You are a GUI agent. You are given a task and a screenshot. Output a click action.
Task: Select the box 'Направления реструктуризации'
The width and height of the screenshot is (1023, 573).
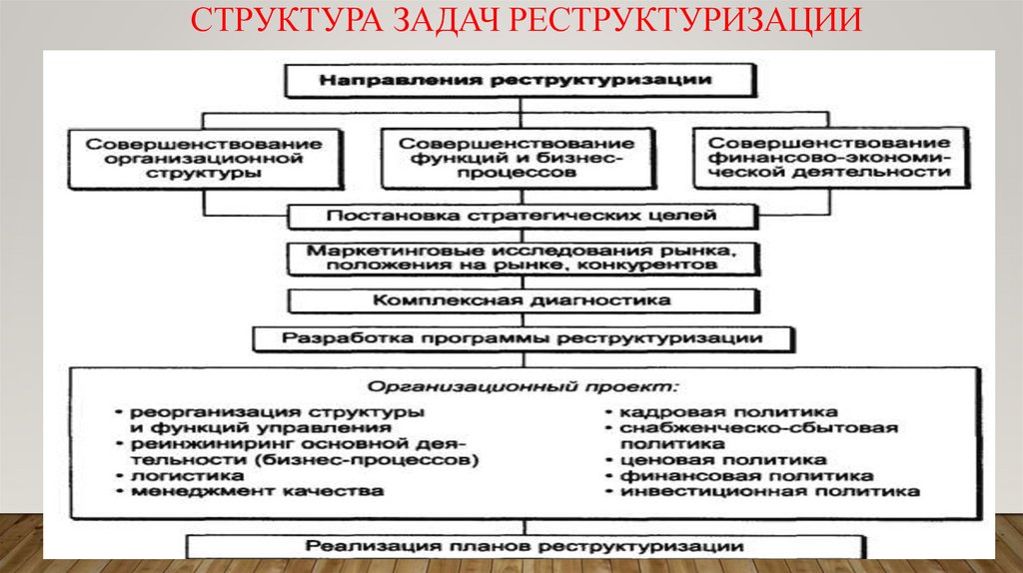pos(515,80)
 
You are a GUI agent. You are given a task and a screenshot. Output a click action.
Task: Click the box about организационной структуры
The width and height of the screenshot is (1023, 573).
pos(204,158)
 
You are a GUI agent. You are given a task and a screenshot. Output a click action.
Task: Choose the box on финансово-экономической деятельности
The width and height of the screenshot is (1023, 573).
pos(829,158)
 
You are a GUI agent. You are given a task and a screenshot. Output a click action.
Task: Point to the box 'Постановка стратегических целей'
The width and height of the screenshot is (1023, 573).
pos(516,215)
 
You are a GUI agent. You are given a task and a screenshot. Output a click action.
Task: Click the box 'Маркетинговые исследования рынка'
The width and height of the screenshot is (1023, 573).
pos(516,258)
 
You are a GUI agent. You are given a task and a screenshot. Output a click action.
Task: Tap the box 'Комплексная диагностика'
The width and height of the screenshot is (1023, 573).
pos(516,299)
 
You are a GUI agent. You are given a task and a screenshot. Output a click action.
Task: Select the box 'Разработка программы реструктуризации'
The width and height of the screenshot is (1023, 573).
pos(522,337)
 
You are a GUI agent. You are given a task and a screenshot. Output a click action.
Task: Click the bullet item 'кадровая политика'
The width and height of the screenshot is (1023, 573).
pos(728,411)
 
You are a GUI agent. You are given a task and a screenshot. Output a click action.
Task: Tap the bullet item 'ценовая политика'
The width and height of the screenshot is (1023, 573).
pos(723,460)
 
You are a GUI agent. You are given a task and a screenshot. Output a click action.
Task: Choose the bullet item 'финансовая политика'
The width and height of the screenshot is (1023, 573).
pos(739,476)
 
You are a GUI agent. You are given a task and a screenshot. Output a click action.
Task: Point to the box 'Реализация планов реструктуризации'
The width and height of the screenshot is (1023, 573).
pos(523,547)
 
